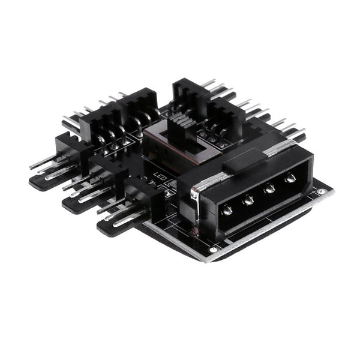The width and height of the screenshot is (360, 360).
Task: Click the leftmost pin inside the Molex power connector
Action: point(227,210)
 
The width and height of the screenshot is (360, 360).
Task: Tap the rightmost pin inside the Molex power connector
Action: point(290,178)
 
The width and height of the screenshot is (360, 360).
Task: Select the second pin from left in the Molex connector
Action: point(248,199)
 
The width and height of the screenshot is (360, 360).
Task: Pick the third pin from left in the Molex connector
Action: point(269,188)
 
